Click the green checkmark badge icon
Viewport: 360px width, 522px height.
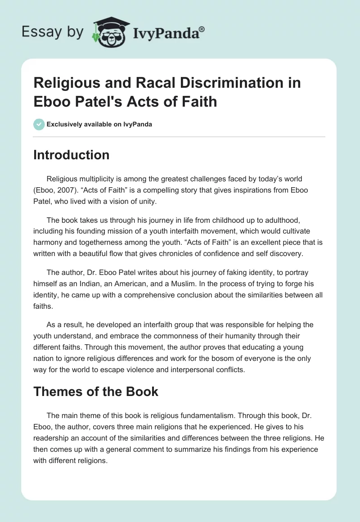pyautogui.click(x=39, y=124)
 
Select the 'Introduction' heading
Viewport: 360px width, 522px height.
pyautogui.click(x=72, y=155)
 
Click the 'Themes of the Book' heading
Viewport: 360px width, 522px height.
pyautogui.click(x=96, y=391)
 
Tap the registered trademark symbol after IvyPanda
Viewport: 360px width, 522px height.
pyautogui.click(x=202, y=28)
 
